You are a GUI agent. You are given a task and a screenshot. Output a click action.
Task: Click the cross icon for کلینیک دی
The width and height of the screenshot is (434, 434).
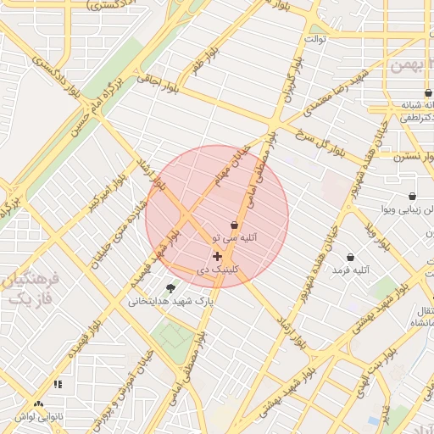coord(217,255)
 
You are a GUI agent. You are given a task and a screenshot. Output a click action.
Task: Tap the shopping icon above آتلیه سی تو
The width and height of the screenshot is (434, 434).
coord(234,225)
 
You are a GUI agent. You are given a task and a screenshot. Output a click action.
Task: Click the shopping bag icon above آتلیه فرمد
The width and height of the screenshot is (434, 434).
coord(350,257)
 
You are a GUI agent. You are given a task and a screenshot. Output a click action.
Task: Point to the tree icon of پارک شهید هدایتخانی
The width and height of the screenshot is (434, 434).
coord(171,288)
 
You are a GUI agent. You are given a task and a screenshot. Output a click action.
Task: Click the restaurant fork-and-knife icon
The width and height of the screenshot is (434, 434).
coord(58,384)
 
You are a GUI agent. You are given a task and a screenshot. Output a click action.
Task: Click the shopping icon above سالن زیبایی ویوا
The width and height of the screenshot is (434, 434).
coord(412,196)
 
